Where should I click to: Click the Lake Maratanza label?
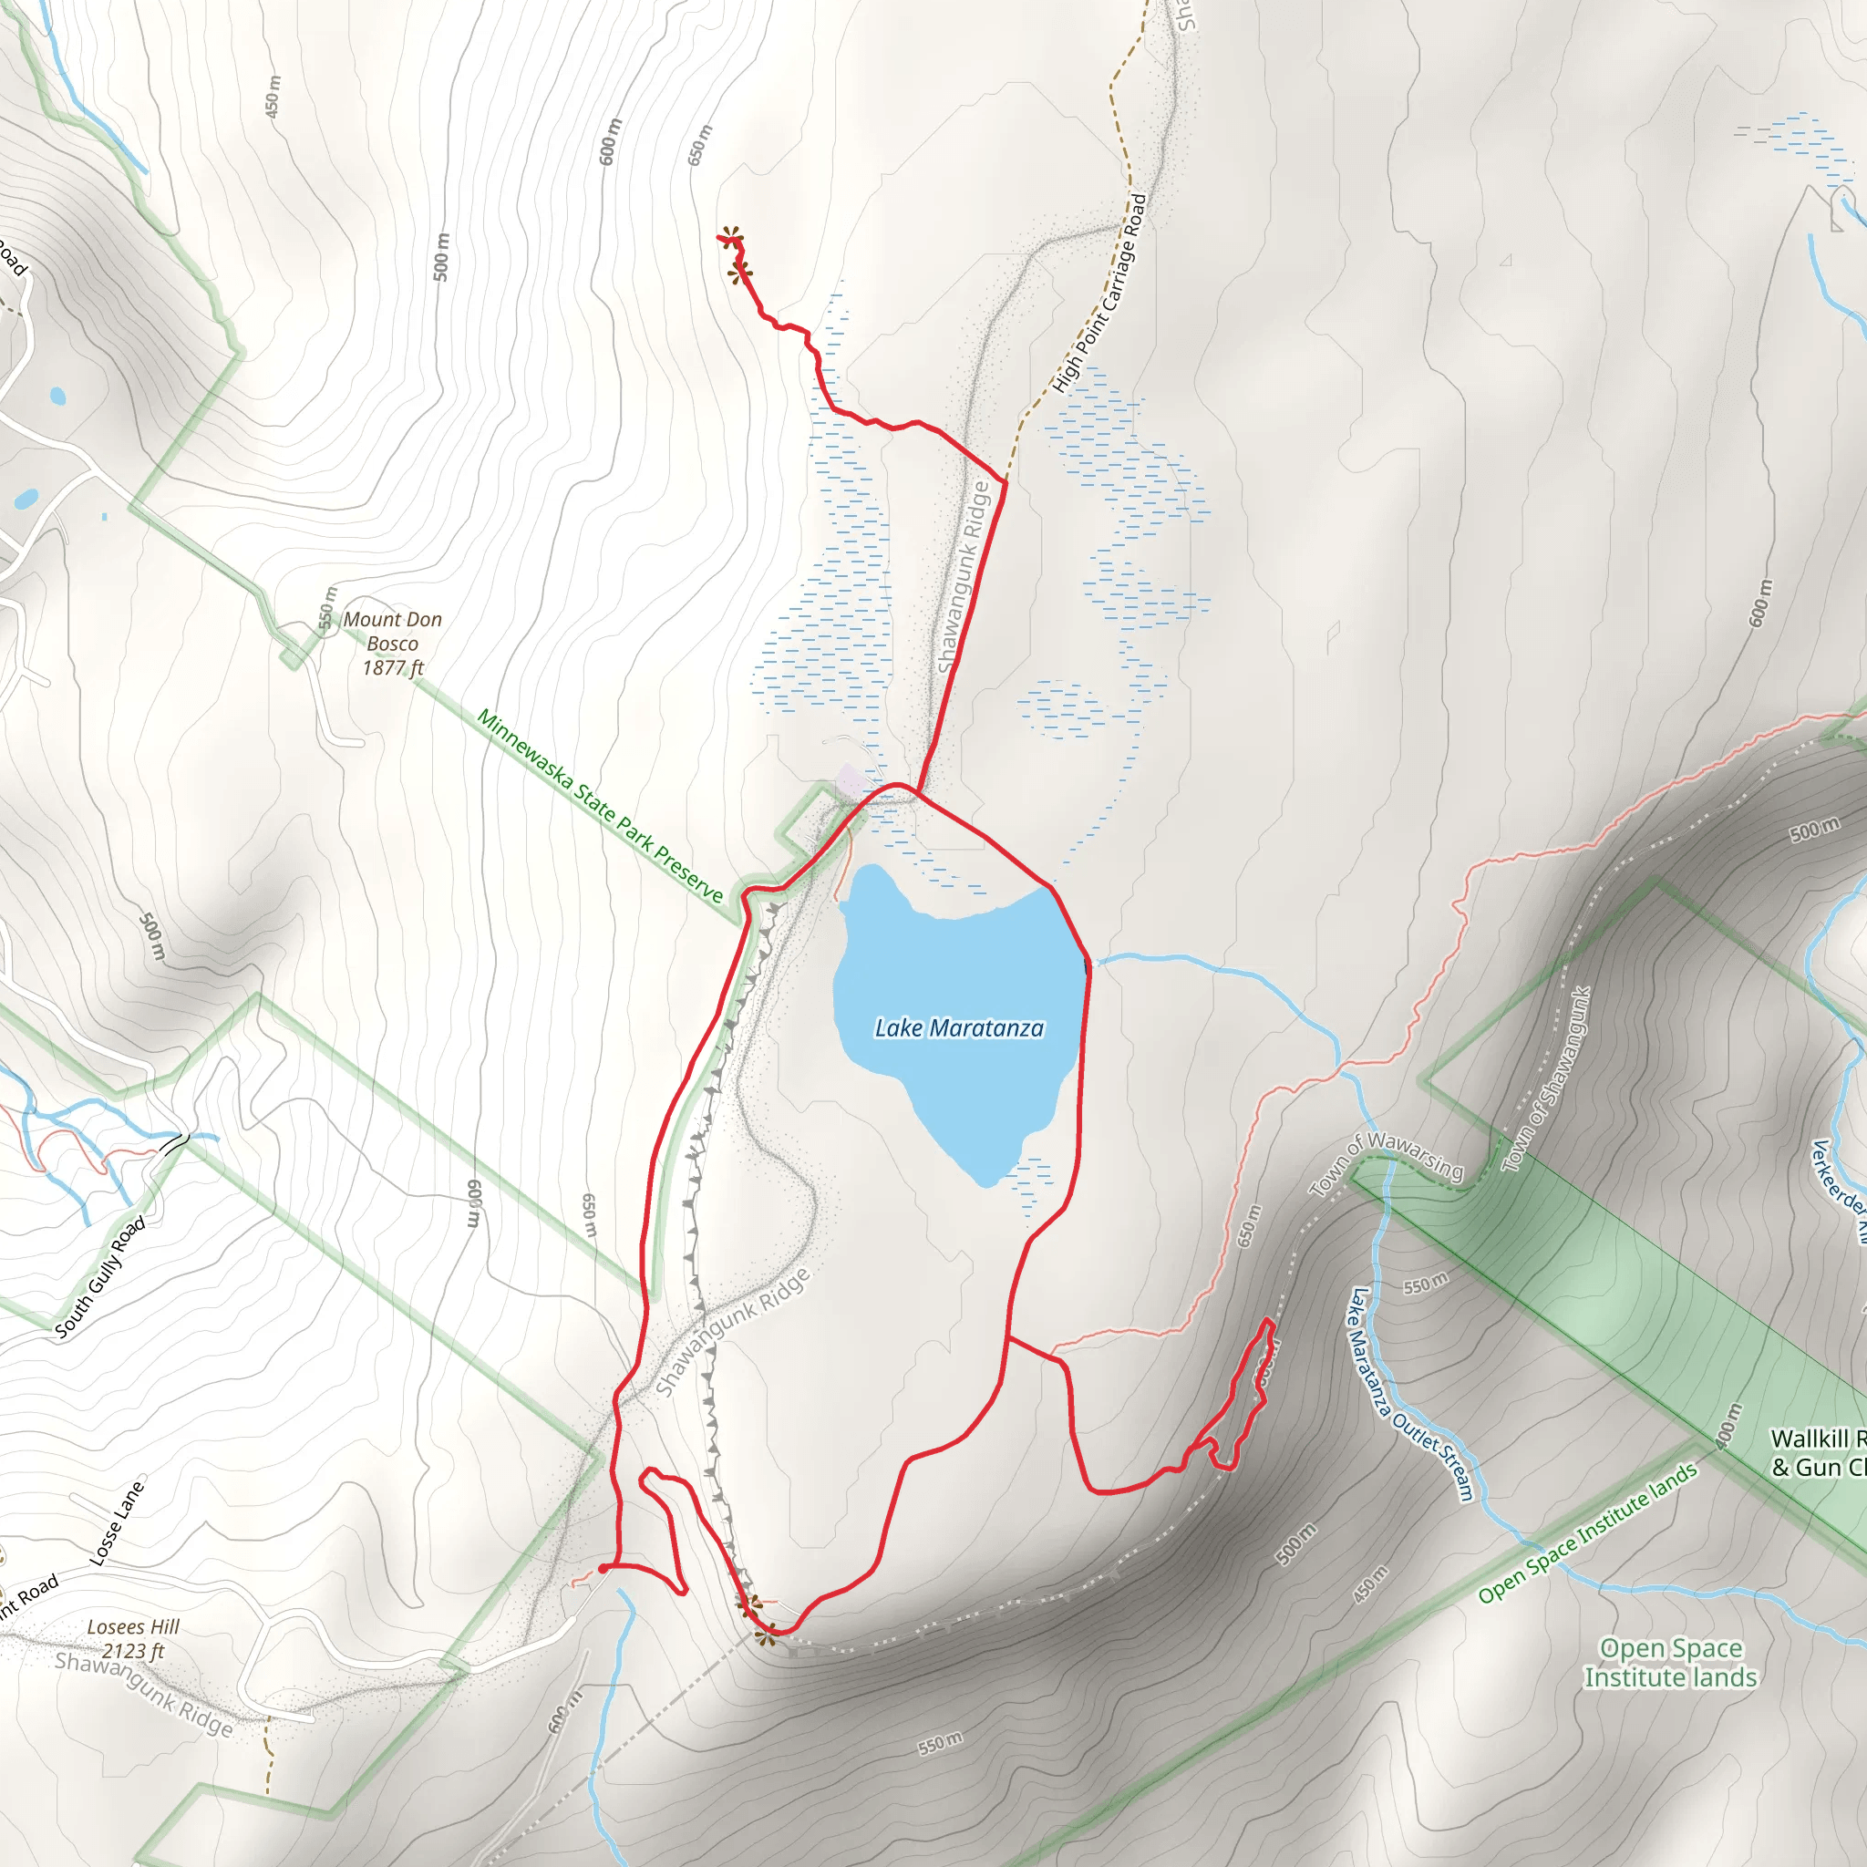click(x=959, y=1028)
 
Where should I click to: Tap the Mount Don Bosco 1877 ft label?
click(x=392, y=644)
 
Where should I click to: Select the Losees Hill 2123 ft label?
click(x=133, y=1639)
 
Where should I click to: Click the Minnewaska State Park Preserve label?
click(x=600, y=806)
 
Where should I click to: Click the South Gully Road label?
click(x=99, y=1276)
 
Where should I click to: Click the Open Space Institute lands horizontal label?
click(x=1670, y=1663)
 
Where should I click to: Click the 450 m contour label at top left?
click(x=273, y=97)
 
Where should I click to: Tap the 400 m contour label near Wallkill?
click(x=1728, y=1426)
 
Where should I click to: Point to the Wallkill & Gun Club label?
click(x=1817, y=1453)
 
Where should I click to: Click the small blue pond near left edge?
click(x=58, y=396)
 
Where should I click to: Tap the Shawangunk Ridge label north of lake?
click(x=964, y=578)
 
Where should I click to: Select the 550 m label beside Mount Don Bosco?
click(x=327, y=607)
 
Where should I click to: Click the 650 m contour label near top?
click(x=699, y=145)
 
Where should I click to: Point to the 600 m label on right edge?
click(x=1760, y=602)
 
